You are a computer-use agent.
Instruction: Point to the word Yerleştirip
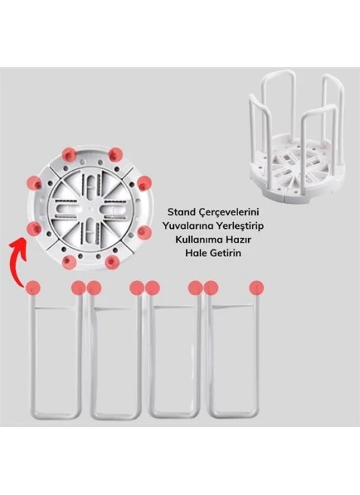[241, 227]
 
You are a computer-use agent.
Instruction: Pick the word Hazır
[239, 240]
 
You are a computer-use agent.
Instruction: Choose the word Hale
[195, 253]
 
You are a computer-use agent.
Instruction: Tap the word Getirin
[225, 253]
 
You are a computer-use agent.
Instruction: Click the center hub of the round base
[90, 209]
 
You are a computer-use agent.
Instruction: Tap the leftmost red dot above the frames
[33, 288]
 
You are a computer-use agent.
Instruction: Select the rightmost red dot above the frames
[256, 288]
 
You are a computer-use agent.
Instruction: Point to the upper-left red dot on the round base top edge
[69, 154]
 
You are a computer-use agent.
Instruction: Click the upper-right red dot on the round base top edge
[116, 155]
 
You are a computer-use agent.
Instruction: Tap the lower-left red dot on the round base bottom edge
[70, 262]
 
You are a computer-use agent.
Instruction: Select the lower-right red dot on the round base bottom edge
[112, 262]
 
